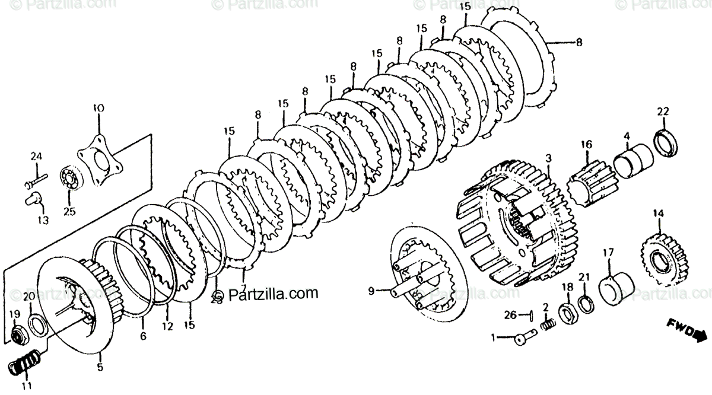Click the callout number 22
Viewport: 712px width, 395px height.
[x=663, y=112]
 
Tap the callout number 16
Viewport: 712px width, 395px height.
[x=586, y=144]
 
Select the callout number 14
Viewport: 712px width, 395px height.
[x=657, y=214]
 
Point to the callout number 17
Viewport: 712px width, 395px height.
[x=608, y=252]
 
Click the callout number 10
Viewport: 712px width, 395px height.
[x=98, y=108]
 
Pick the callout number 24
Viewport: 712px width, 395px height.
[x=37, y=157]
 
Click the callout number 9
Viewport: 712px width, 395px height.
[x=371, y=291]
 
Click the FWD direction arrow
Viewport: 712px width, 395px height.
[x=688, y=329]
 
